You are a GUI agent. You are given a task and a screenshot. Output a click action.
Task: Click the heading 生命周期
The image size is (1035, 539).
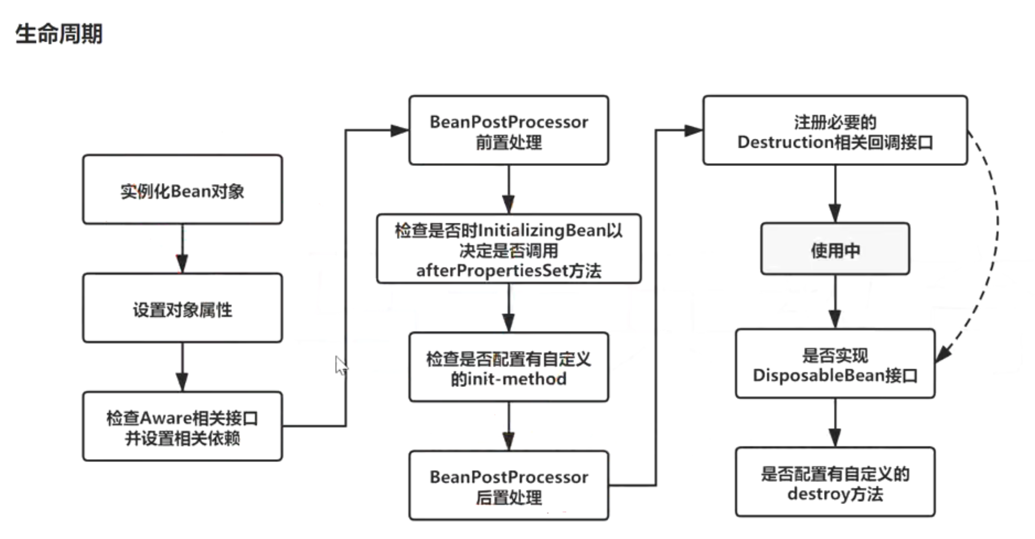pos(59,34)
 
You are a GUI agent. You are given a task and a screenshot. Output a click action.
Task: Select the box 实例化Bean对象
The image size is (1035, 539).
pos(182,190)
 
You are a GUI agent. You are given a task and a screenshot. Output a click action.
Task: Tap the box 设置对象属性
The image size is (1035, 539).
pos(182,308)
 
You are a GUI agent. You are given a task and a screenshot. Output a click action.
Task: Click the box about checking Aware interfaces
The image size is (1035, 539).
pos(182,427)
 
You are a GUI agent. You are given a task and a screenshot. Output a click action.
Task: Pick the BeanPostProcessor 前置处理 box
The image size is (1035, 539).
pos(509,131)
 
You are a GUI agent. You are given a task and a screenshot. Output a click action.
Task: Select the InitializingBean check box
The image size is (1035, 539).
pos(509,249)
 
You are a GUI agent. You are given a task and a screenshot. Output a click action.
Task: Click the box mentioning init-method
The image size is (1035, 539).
pos(509,368)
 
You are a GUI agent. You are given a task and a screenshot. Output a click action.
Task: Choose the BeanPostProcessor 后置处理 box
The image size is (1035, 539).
pos(509,485)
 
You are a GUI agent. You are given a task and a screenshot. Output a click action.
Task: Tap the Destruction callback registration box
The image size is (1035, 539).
pos(835,131)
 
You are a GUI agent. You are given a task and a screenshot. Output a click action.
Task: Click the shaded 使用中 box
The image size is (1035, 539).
pos(835,249)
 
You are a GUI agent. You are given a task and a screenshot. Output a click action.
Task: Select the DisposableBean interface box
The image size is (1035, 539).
pos(835,364)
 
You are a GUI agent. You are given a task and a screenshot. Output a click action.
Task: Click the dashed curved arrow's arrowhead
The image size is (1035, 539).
pos(943,354)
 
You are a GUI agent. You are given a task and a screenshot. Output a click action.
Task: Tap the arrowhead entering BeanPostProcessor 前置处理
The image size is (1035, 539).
pos(399,131)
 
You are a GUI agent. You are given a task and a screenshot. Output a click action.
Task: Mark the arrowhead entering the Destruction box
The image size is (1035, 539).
pos(693,131)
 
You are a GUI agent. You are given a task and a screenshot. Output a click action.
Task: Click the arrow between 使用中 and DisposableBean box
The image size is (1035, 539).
pos(835,302)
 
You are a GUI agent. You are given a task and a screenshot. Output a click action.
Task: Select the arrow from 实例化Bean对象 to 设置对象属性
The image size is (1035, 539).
pos(182,249)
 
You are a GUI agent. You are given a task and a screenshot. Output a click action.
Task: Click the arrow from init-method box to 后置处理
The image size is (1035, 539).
pos(509,427)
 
